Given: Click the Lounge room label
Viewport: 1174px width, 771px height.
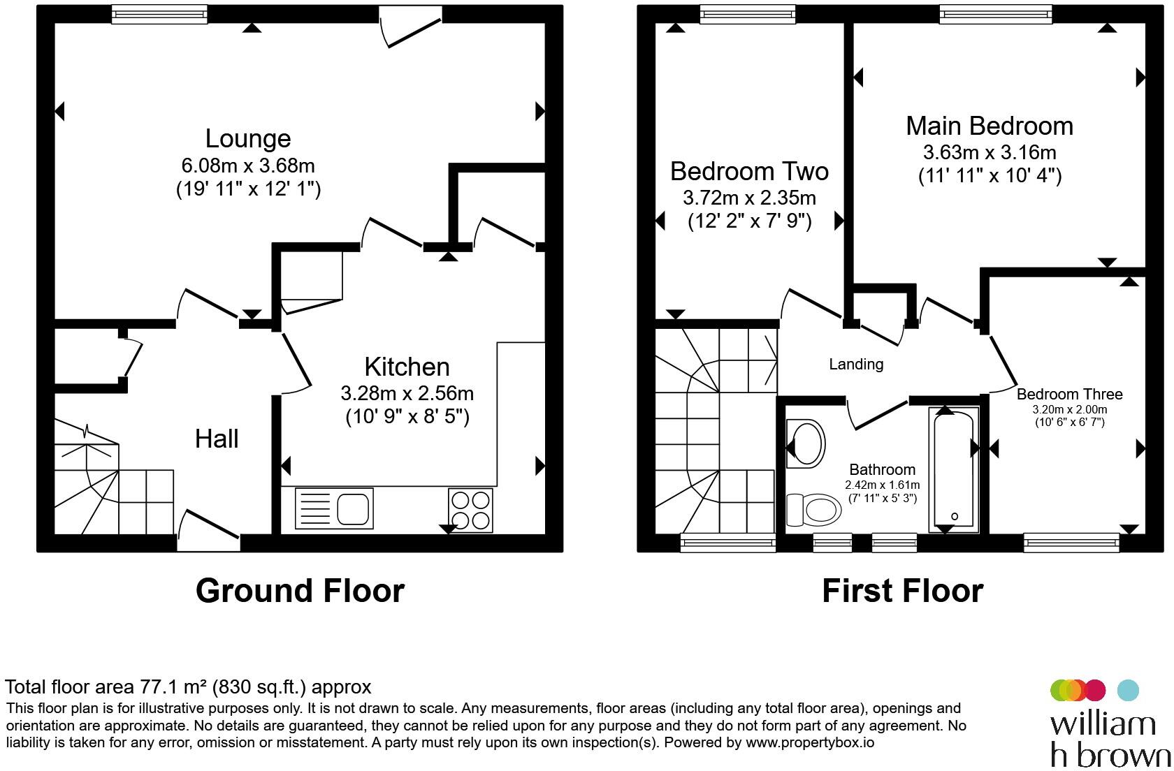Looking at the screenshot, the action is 248,139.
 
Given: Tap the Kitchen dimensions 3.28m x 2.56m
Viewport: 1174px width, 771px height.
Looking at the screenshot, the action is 407,392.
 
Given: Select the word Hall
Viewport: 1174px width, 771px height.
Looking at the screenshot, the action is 217,439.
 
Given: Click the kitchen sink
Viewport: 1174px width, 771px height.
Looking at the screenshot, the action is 334,508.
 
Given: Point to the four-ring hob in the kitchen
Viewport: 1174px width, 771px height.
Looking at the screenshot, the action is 471,510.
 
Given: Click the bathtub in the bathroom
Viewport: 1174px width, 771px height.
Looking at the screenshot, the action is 954,470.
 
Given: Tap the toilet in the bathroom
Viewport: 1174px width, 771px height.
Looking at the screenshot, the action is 814,510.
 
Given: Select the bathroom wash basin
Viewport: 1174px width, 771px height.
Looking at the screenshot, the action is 806,443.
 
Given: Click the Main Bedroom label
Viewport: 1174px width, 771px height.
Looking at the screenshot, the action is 990,126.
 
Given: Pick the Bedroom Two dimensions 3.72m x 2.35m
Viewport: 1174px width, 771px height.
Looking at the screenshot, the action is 749,198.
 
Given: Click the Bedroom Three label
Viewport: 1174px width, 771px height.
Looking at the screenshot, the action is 1070,395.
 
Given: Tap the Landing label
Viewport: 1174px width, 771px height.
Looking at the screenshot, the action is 856,365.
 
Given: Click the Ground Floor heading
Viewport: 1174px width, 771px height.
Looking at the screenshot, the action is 300,591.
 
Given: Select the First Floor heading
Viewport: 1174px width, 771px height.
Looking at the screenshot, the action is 903,591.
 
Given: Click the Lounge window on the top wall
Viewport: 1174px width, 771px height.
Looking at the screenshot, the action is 159,14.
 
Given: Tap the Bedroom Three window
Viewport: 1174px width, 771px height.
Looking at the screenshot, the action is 1071,543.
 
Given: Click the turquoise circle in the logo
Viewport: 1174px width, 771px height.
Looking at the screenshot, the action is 1128,690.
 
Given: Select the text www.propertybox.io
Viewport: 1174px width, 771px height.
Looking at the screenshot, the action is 810,742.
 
